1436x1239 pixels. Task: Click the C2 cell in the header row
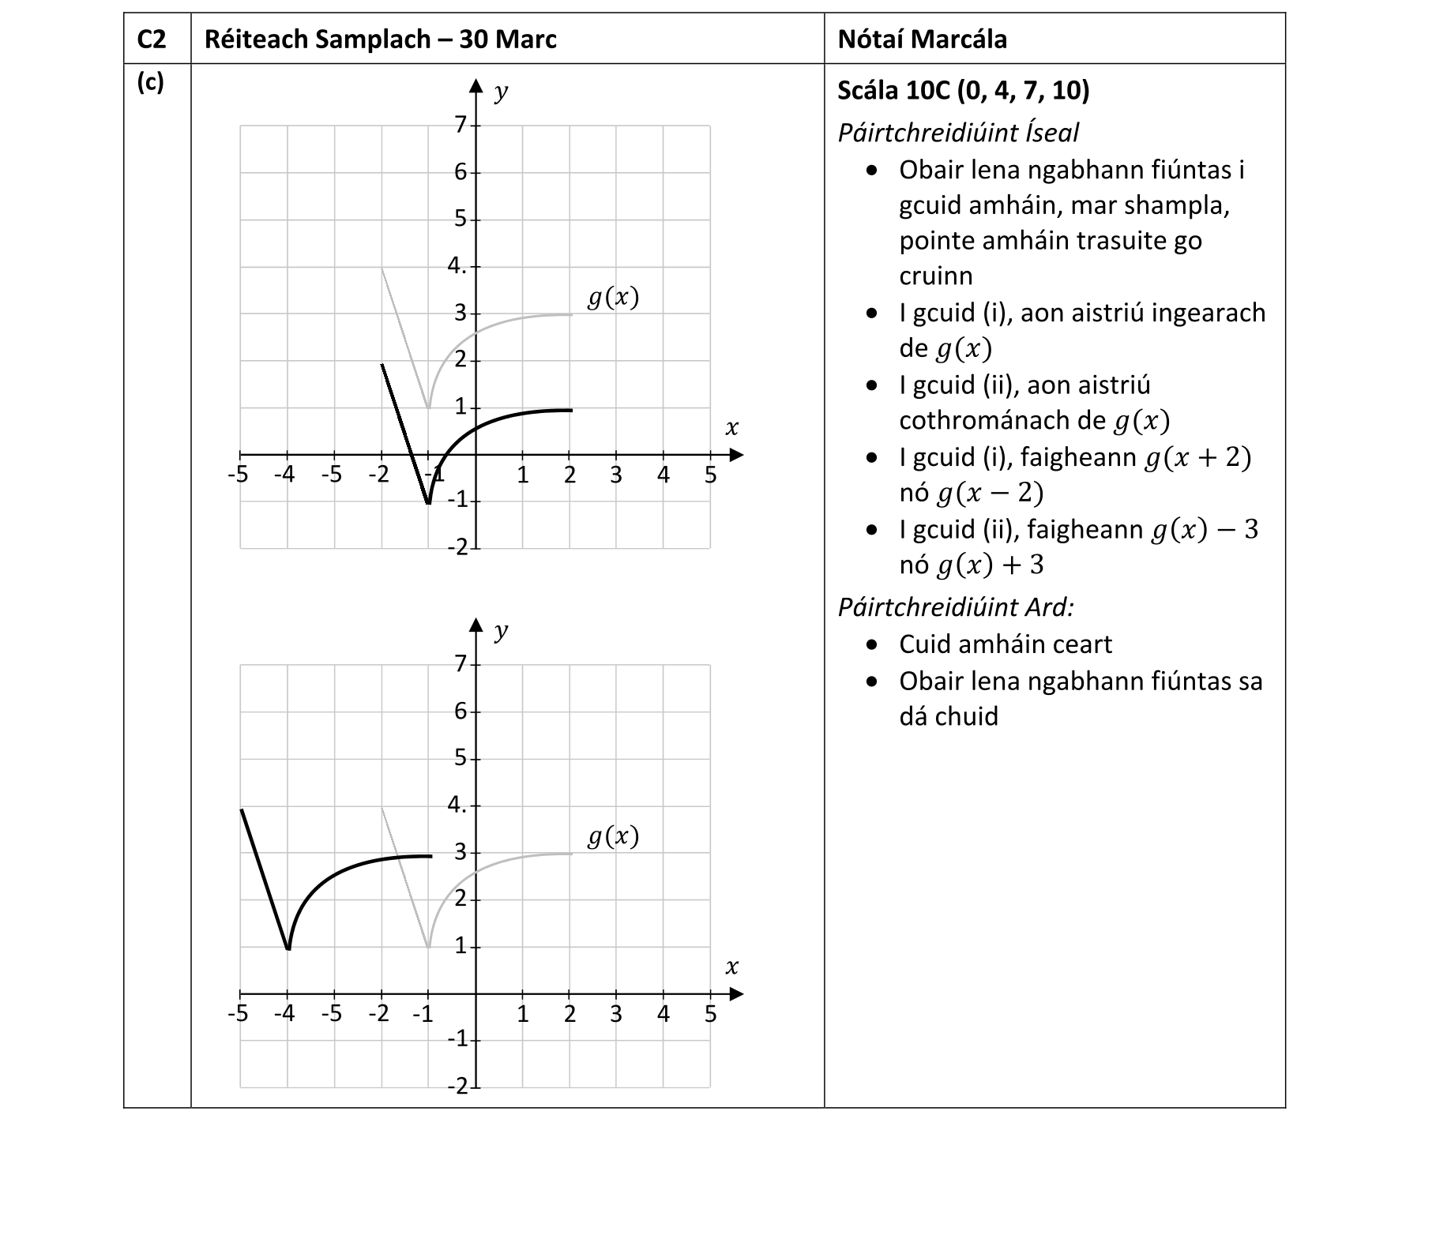coord(152,39)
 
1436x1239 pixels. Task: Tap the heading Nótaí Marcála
coord(922,39)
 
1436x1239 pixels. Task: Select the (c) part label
coord(150,82)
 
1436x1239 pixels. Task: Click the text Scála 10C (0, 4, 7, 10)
coord(963,90)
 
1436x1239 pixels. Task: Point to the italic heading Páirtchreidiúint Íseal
coord(957,132)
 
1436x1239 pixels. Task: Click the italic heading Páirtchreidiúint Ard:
coord(955,606)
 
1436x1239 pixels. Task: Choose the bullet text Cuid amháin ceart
coord(1005,644)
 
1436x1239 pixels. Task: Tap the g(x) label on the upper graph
coord(613,297)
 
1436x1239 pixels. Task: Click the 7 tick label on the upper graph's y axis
coord(460,125)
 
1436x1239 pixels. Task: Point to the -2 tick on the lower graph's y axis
coord(458,1087)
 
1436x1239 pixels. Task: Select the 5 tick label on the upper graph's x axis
coord(710,475)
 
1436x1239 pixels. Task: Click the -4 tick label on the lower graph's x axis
coord(285,1014)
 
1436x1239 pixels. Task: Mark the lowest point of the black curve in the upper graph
coord(428,502)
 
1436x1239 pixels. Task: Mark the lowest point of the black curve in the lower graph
coord(288,948)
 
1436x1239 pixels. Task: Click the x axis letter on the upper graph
coord(731,428)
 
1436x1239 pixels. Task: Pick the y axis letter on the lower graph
coord(500,631)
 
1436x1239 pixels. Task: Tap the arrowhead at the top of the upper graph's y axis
coord(476,85)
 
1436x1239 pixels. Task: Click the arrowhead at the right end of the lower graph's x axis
coord(736,994)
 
